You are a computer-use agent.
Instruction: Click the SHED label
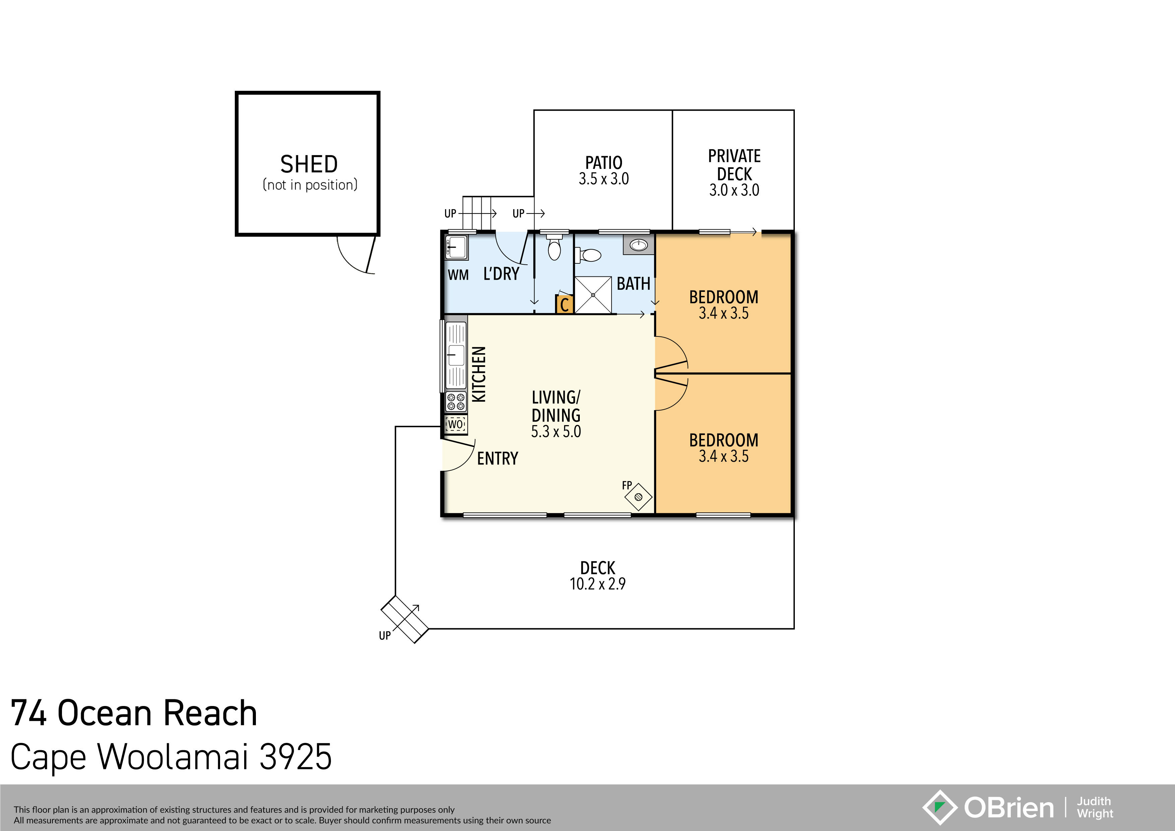click(308, 164)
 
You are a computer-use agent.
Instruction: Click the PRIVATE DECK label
click(734, 165)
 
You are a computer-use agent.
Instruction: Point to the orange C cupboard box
click(564, 304)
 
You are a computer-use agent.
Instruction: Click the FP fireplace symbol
click(638, 497)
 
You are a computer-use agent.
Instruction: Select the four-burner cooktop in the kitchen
click(456, 401)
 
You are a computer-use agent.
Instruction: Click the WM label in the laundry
click(458, 275)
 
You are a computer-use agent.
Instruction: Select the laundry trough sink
click(456, 248)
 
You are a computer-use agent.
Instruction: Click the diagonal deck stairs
click(404, 619)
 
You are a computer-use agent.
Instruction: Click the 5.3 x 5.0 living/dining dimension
click(556, 432)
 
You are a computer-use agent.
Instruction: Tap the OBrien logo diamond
click(939, 808)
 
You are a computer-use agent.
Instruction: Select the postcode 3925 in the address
click(295, 757)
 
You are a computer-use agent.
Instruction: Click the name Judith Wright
click(1094, 808)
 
